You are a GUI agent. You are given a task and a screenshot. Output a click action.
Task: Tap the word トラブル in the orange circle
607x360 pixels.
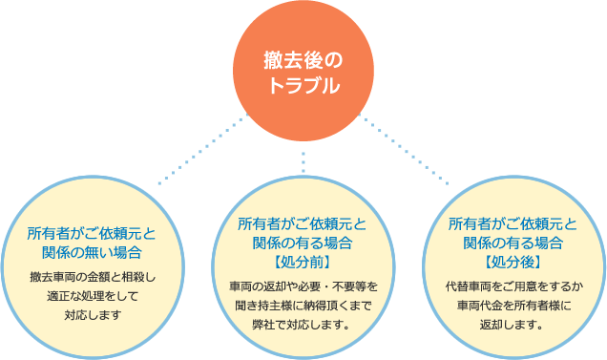[303, 85]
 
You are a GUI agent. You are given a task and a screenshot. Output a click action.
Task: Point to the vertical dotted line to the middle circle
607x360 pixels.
[303, 153]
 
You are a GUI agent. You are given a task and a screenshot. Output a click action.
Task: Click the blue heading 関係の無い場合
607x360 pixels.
[92, 252]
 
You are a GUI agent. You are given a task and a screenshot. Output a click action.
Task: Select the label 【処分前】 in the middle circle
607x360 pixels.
[303, 260]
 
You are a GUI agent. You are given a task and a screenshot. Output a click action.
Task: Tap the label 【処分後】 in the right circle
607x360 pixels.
[513, 260]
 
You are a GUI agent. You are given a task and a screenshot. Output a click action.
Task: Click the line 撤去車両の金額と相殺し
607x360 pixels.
[92, 277]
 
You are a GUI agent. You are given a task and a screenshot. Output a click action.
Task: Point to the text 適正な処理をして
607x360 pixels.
[92, 295]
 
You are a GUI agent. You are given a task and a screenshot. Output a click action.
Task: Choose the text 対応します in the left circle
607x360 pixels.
[92, 313]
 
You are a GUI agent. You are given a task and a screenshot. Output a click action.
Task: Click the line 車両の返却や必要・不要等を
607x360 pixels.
[303, 286]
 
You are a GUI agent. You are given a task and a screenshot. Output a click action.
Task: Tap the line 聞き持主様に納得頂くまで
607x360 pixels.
[303, 305]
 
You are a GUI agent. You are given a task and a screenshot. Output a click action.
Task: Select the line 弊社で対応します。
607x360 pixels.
[303, 324]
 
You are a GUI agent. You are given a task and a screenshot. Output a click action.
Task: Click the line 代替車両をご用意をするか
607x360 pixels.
[513, 286]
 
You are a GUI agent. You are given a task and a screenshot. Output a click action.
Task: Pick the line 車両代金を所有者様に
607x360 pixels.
[513, 305]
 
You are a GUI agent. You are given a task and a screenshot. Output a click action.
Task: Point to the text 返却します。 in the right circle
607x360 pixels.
[513, 324]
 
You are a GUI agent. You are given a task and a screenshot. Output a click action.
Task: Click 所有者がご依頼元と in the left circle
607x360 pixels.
[92, 233]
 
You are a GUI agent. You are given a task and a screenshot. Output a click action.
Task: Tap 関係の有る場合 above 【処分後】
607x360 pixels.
[513, 242]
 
